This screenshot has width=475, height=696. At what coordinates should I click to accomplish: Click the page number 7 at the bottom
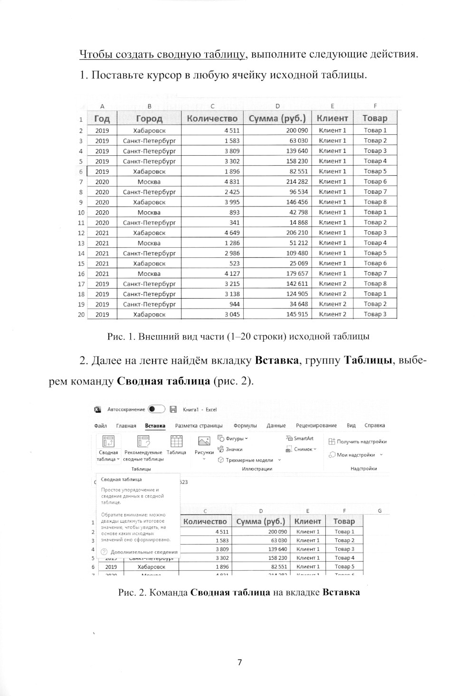tap(239, 662)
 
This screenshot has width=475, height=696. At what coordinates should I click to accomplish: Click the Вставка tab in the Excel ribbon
tap(155, 426)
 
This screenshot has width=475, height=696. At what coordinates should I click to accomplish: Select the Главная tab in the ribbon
tap(126, 426)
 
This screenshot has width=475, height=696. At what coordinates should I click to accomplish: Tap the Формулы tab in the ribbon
tap(245, 426)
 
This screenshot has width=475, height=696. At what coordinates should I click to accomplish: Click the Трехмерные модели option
tap(249, 460)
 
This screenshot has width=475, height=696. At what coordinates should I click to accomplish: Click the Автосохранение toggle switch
tap(156, 409)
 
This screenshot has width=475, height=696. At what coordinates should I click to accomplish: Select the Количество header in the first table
tap(212, 118)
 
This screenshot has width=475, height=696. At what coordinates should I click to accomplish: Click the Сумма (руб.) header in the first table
tap(277, 118)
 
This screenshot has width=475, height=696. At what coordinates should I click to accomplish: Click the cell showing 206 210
tap(297, 233)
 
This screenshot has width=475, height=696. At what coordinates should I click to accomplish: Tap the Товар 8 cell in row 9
tap(375, 202)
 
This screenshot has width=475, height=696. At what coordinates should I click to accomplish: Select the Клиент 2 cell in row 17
tap(332, 283)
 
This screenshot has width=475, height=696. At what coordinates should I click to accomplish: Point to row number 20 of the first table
tap(81, 314)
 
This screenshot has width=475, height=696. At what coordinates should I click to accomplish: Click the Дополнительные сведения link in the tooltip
tap(143, 552)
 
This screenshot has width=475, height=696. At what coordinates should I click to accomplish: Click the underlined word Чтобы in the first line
tap(93, 54)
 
